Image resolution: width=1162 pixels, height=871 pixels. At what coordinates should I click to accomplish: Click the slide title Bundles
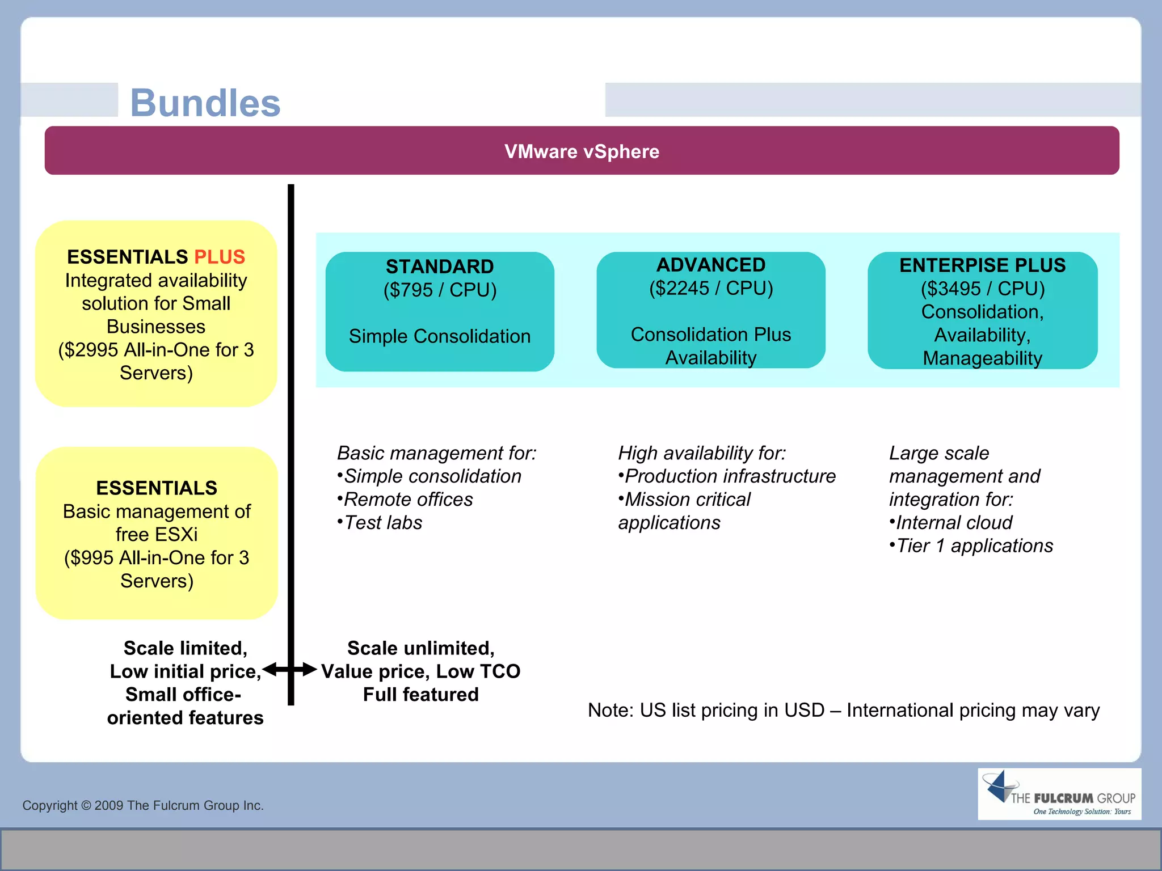pyautogui.click(x=205, y=103)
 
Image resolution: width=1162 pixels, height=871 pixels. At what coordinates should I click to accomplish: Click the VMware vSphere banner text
pyautogui.click(x=582, y=151)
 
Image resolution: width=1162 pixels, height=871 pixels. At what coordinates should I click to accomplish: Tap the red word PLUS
pyautogui.click(x=220, y=257)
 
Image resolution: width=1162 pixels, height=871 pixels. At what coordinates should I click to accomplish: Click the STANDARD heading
pyautogui.click(x=440, y=267)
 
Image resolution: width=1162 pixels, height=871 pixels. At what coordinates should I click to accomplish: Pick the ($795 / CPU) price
pyautogui.click(x=440, y=290)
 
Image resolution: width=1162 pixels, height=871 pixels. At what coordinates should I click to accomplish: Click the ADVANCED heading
pyautogui.click(x=711, y=265)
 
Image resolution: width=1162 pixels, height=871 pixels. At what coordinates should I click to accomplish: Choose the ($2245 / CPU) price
pyautogui.click(x=711, y=288)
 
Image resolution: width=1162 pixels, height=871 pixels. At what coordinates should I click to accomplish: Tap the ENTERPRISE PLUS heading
pyautogui.click(x=982, y=265)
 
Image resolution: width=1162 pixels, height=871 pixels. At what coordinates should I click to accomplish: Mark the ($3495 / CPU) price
pyautogui.click(x=982, y=289)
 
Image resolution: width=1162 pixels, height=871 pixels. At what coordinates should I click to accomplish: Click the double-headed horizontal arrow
pyautogui.click(x=290, y=670)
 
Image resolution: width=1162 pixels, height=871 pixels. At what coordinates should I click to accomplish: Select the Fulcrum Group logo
pyautogui.click(x=1059, y=794)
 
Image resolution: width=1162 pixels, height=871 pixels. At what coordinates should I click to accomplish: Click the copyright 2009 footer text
pyautogui.click(x=143, y=805)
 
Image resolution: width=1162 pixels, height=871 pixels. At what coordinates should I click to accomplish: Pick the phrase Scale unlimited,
pyautogui.click(x=420, y=648)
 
